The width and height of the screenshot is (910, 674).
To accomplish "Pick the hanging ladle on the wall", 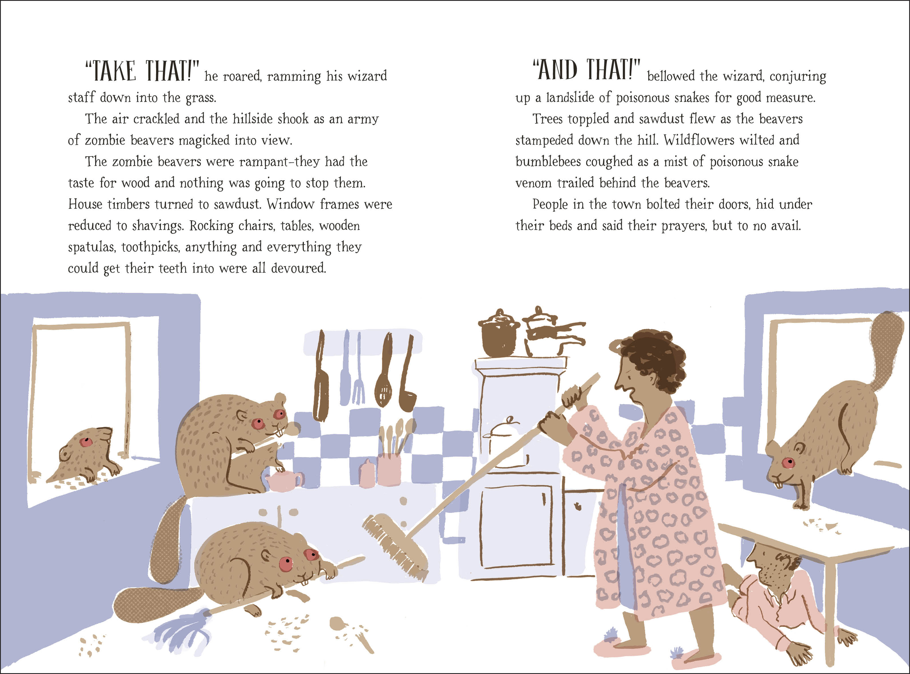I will pos(407,392).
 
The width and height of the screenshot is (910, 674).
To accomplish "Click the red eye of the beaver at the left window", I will pos(86,442).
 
